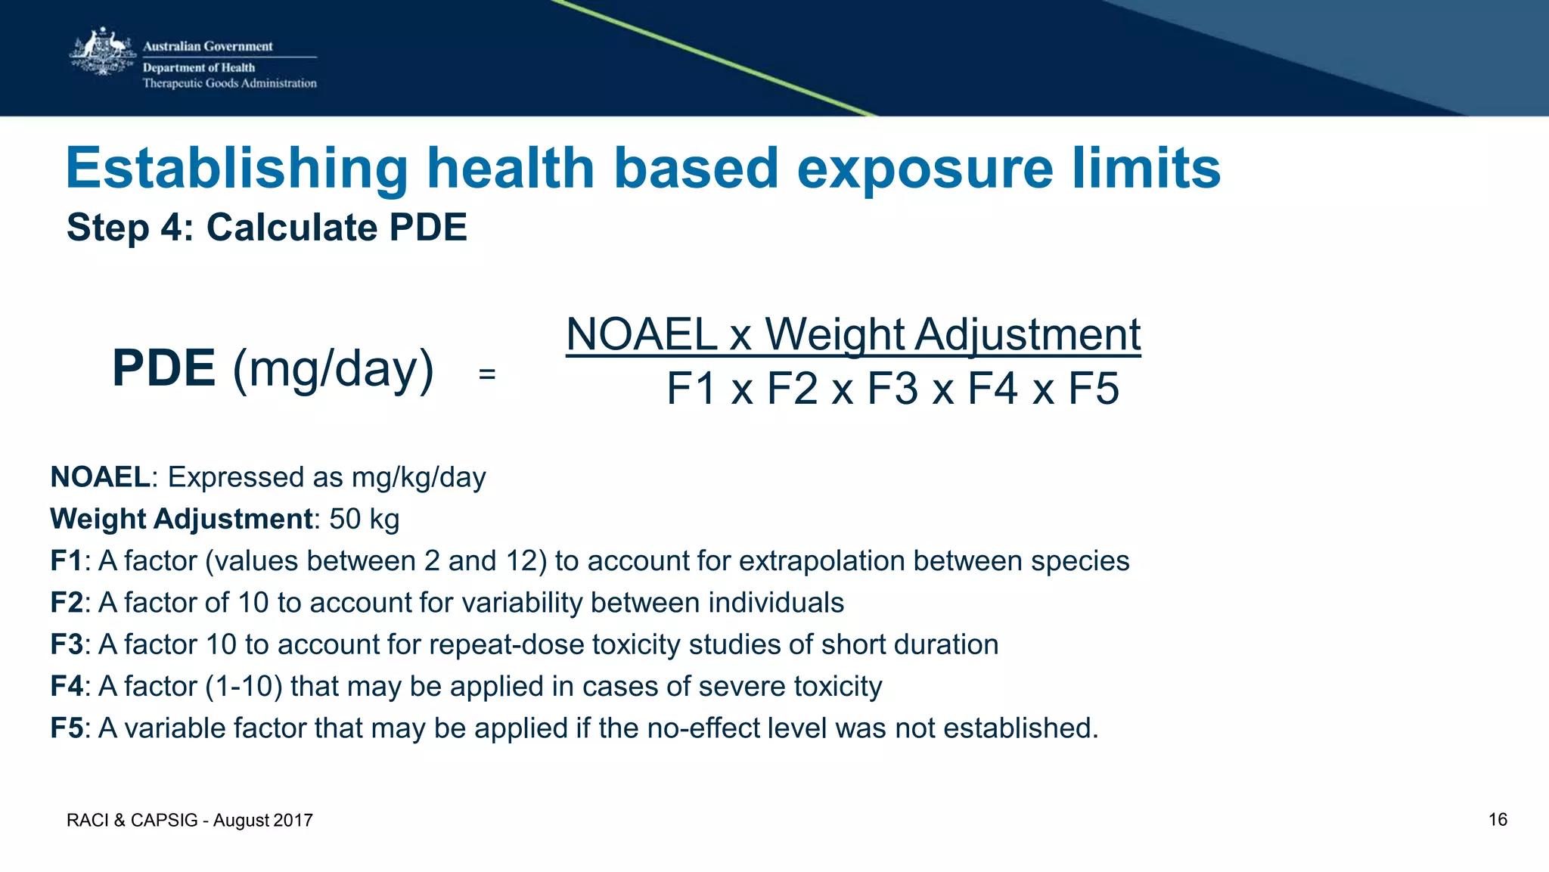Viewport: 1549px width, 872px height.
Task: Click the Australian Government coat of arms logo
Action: point(102,53)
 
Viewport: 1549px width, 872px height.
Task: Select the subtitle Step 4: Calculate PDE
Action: point(267,228)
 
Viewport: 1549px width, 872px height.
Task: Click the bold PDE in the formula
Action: point(163,368)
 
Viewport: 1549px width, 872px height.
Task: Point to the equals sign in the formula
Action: point(487,374)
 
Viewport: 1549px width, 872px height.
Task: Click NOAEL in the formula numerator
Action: point(641,334)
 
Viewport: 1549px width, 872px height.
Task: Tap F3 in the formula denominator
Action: point(892,389)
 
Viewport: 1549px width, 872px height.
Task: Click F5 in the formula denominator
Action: point(1093,389)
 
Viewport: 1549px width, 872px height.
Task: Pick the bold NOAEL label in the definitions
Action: point(100,477)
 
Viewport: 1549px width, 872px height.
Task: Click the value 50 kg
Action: point(364,519)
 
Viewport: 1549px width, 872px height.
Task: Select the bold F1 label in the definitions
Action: point(66,561)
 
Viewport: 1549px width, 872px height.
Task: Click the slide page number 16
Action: point(1498,820)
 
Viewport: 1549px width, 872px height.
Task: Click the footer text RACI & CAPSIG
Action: point(132,821)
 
